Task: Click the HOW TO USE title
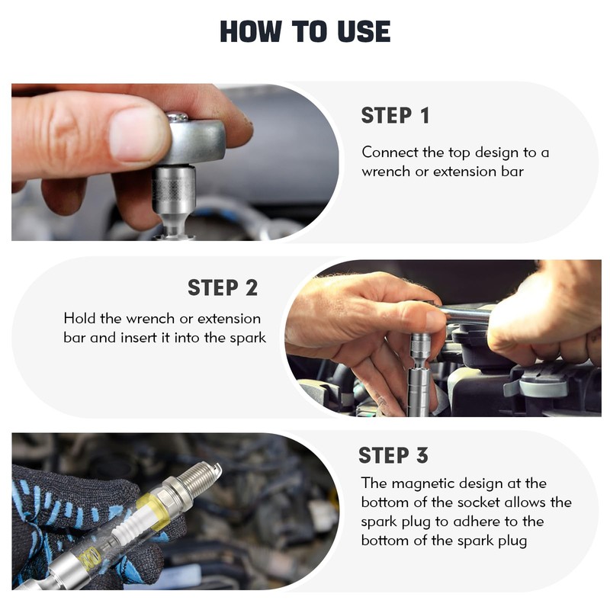coord(305,31)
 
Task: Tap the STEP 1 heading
coord(395,116)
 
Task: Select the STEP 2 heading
coord(223,288)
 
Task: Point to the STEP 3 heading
coord(393,455)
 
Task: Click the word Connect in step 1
coord(390,152)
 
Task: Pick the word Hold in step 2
coord(80,318)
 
